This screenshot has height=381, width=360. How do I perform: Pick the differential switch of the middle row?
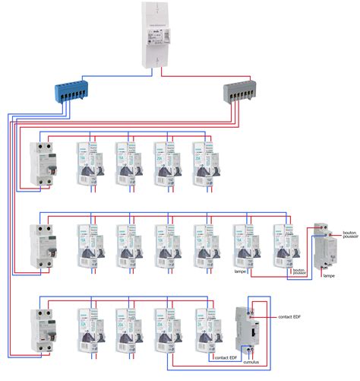pyautogui.click(x=39, y=246)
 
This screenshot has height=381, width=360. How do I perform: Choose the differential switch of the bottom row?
pyautogui.click(x=39, y=329)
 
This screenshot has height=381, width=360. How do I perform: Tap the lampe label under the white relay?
pyautogui.click(x=328, y=275)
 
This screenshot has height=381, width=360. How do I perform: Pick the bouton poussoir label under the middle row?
pyautogui.click(x=298, y=271)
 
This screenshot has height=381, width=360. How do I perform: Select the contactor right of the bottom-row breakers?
pyautogui.click(x=248, y=327)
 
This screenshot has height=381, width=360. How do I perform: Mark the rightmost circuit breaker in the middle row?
pyautogui.click(x=283, y=246)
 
